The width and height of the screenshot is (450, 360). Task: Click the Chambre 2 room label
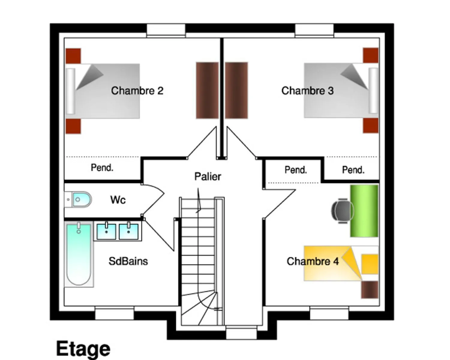(137, 91)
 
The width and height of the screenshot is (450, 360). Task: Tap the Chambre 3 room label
(307, 91)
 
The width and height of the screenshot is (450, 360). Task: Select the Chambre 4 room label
(313, 261)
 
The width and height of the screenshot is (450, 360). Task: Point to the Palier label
(208, 176)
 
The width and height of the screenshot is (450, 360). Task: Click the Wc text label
(118, 200)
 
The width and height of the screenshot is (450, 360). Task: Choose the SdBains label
(128, 261)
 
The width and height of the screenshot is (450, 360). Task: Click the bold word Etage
(83, 349)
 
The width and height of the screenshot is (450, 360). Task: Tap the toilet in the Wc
(78, 199)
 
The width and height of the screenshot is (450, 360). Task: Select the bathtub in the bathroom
(79, 254)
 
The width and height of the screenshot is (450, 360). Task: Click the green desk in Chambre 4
(364, 211)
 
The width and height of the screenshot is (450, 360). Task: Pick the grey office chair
(342, 211)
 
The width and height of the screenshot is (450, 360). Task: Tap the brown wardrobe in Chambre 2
(207, 90)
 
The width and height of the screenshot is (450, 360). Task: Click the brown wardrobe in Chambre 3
(236, 90)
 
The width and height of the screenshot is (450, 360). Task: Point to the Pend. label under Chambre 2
(102, 168)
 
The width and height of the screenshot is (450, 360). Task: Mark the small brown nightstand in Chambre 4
(370, 290)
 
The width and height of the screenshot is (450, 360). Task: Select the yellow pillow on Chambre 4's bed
(370, 264)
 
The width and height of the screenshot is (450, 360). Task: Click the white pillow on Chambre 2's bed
(71, 91)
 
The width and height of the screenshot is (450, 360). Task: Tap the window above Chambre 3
(314, 31)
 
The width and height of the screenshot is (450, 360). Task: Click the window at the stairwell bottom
(241, 332)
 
